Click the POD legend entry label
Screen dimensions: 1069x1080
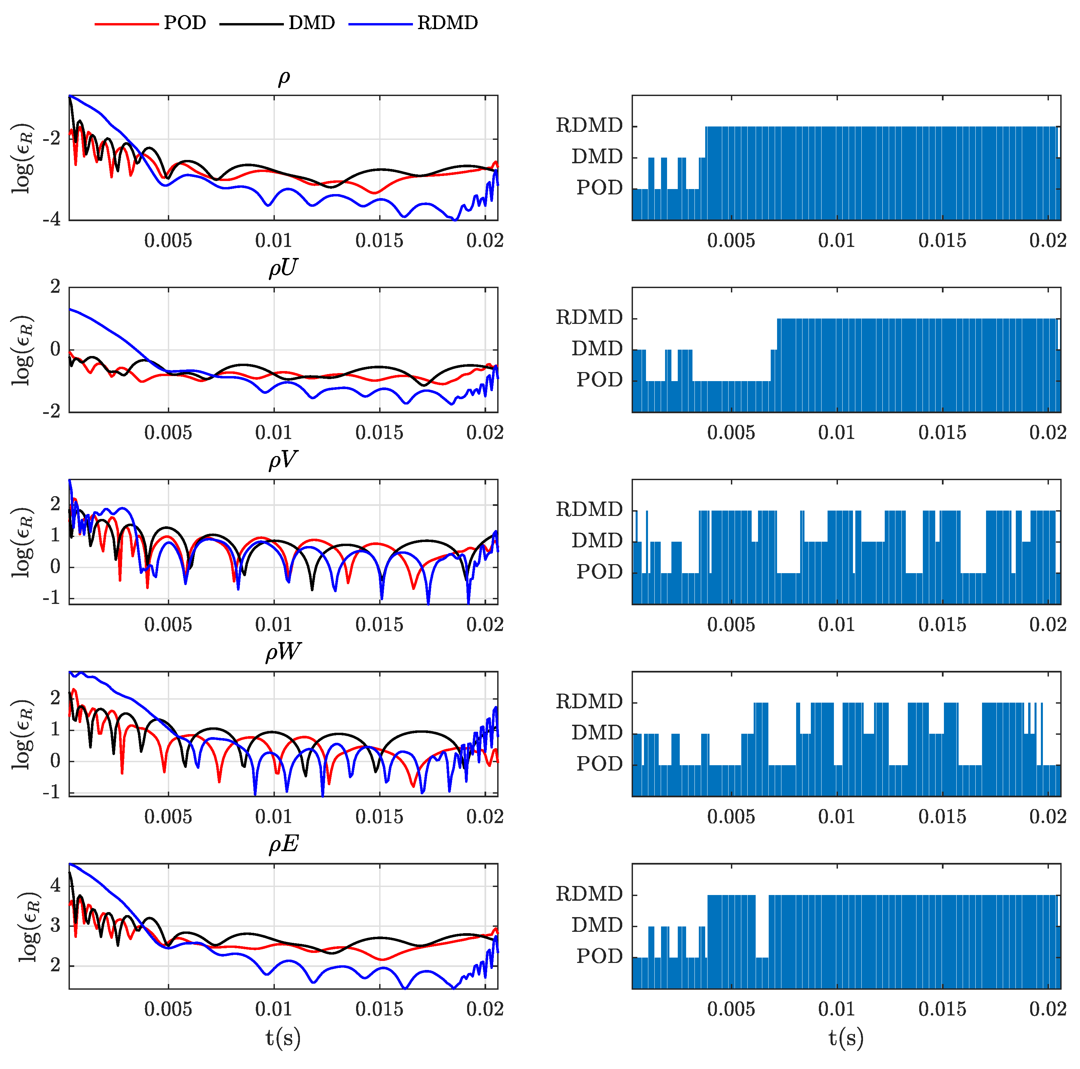click(x=185, y=23)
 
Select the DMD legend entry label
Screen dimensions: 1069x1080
click(x=311, y=23)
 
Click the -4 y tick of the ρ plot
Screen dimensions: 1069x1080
click(x=51, y=219)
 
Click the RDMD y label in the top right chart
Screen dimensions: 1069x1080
click(x=588, y=125)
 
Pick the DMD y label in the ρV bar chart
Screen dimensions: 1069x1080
click(x=597, y=541)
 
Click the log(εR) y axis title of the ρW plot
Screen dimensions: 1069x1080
click(x=23, y=733)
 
